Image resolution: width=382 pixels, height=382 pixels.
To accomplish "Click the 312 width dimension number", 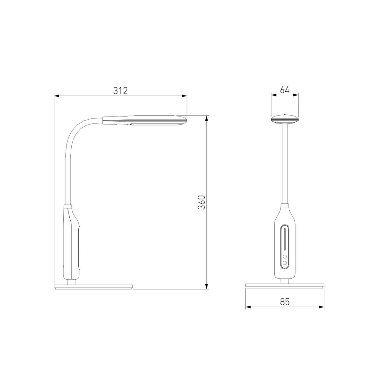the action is click(x=120, y=91).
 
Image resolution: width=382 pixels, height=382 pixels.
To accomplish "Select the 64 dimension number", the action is click(x=285, y=90).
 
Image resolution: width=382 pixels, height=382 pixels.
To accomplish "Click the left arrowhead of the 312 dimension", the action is click(x=57, y=96).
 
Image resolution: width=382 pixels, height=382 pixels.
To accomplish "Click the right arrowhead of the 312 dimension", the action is click(x=184, y=96).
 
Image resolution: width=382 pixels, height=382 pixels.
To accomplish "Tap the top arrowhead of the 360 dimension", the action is click(x=207, y=118).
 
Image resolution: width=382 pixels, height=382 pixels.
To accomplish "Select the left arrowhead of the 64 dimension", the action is click(x=274, y=95).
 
